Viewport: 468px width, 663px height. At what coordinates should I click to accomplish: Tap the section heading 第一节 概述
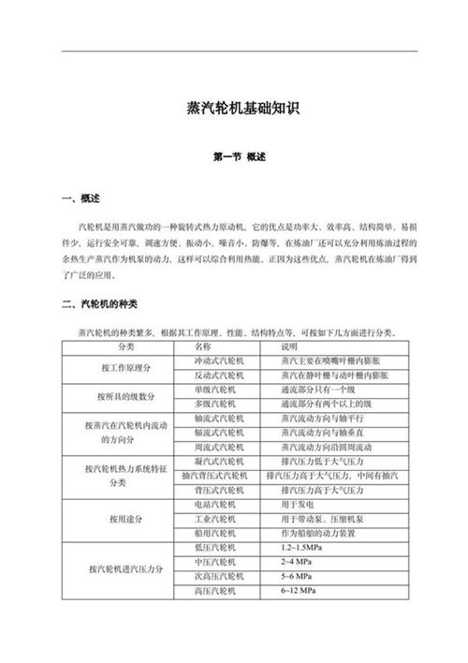pos(234,156)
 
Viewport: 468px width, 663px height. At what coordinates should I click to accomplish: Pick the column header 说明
pos(289,346)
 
